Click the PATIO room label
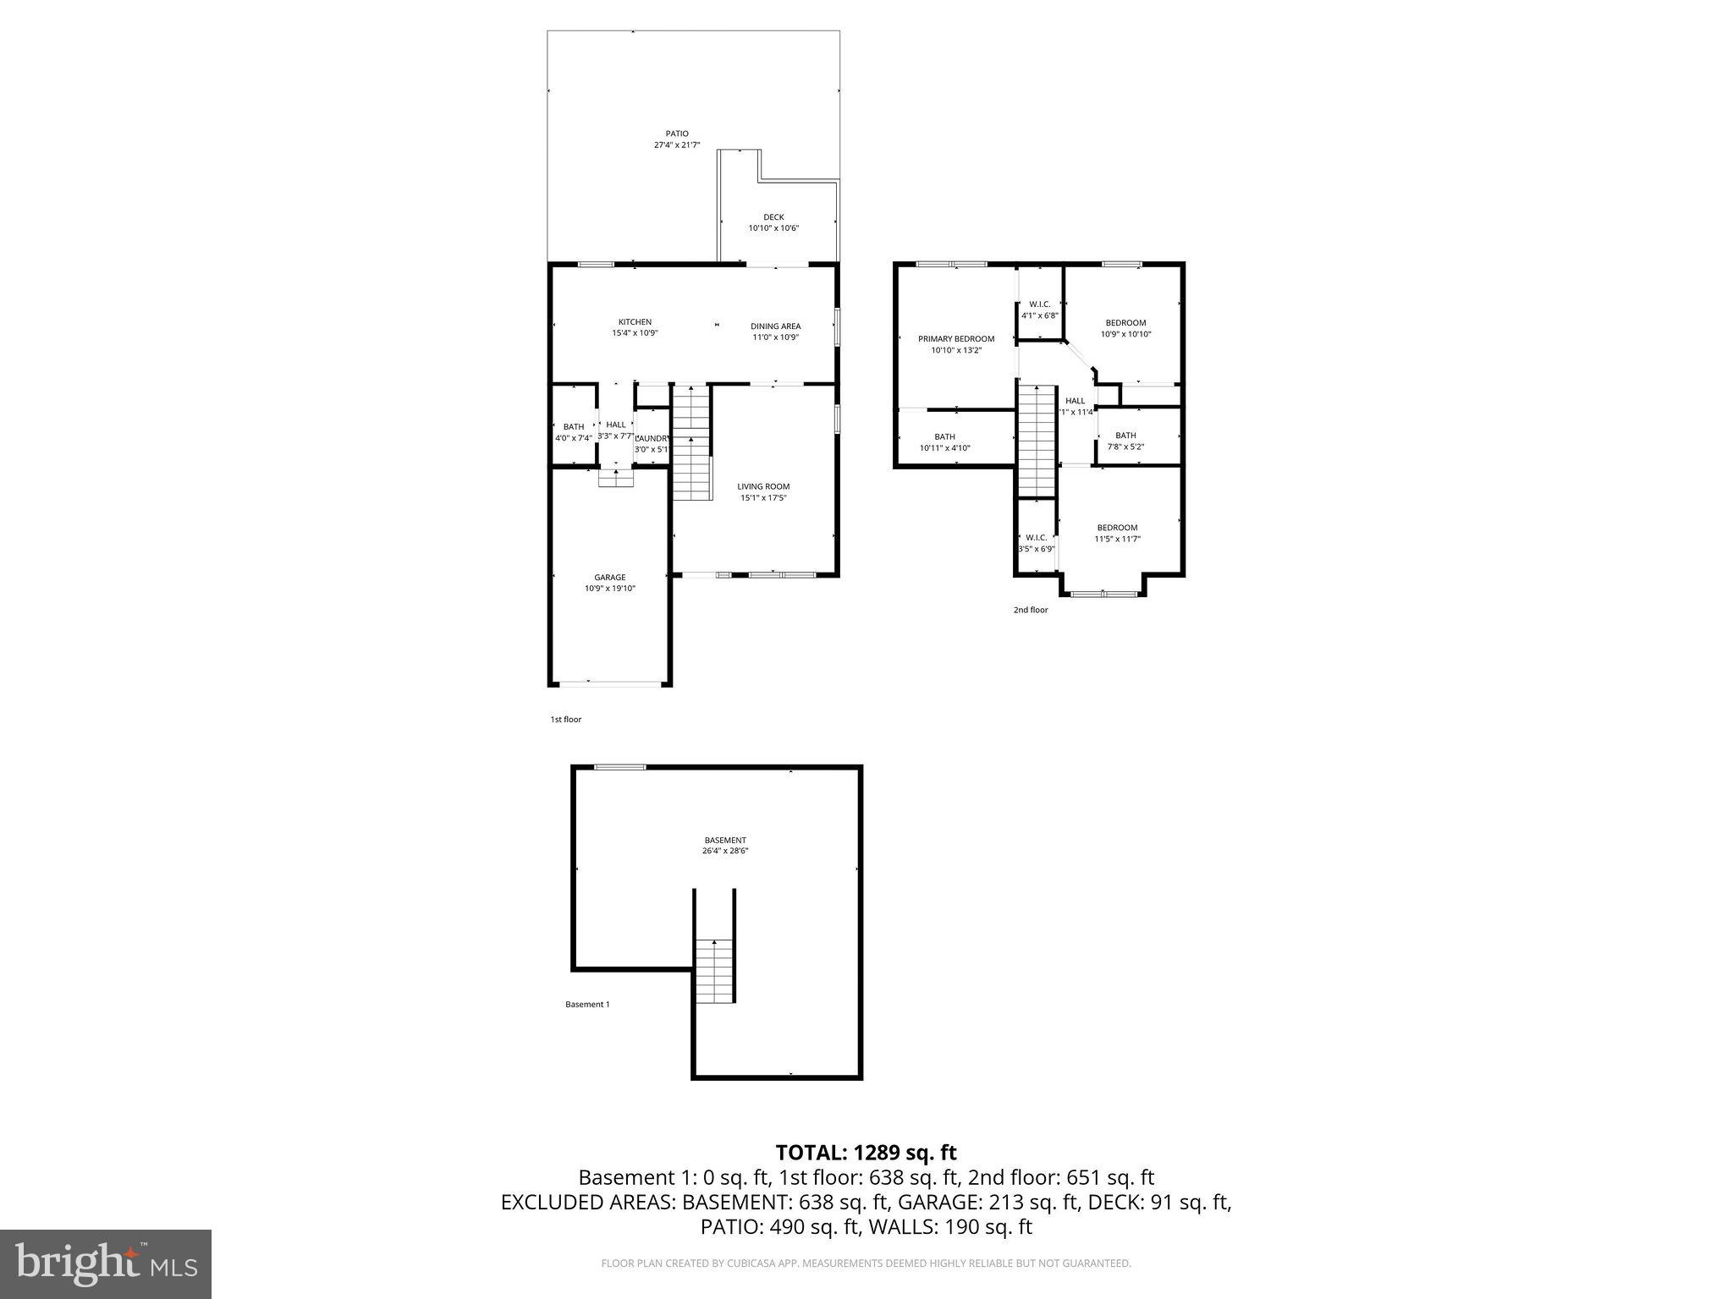pyautogui.click(x=676, y=134)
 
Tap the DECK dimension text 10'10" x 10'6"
pyautogui.click(x=773, y=228)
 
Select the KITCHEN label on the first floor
pyautogui.click(x=635, y=322)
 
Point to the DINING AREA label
pyautogui.click(x=775, y=326)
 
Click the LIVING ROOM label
pyautogui.click(x=763, y=487)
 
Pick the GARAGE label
pyautogui.click(x=609, y=578)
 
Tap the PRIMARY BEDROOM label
pyautogui.click(x=956, y=339)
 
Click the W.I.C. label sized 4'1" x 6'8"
pyautogui.click(x=1039, y=304)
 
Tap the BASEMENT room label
pyautogui.click(x=725, y=841)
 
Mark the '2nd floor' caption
pyautogui.click(x=1031, y=610)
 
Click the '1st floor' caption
pyautogui.click(x=566, y=720)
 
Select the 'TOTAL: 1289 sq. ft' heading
pyautogui.click(x=866, y=1152)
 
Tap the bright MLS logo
pyautogui.click(x=106, y=1263)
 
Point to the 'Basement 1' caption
pyautogui.click(x=587, y=1005)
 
